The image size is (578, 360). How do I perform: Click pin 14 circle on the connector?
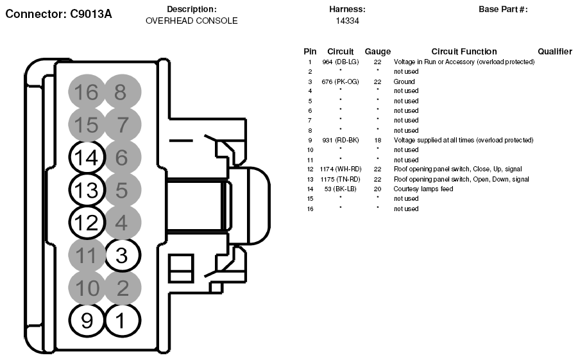tap(87, 157)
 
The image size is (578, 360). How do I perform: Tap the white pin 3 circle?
tap(123, 255)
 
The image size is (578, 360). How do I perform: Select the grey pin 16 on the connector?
tap(87, 92)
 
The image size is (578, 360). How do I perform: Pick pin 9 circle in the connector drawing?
tap(87, 320)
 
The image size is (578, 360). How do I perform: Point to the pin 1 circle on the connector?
tap(123, 320)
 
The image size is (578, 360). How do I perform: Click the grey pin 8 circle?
tap(123, 92)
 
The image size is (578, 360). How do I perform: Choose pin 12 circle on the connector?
tap(87, 223)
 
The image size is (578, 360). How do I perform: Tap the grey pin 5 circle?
tap(123, 190)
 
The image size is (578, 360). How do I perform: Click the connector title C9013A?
tap(90, 14)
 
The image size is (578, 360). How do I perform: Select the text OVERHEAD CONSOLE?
tap(192, 21)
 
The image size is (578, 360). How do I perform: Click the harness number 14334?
tap(347, 21)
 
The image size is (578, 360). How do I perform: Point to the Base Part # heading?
tap(503, 9)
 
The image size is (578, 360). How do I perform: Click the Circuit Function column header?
tap(464, 51)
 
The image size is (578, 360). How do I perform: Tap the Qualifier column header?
tap(555, 51)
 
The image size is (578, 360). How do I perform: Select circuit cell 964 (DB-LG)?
tap(340, 62)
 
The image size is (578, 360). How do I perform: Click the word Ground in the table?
tap(404, 81)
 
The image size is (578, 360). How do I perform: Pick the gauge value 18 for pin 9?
tap(377, 140)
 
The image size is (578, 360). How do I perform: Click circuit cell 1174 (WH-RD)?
tap(341, 169)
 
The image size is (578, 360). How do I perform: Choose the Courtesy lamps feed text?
tap(423, 189)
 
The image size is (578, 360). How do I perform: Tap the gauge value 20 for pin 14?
tap(377, 189)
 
